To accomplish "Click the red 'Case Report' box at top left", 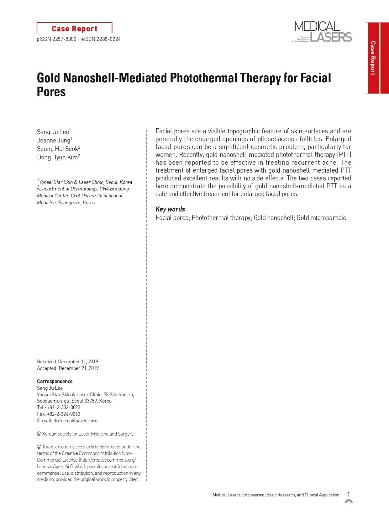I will (74, 29).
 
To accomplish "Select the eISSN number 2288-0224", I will (108, 39).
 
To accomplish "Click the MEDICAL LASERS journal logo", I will (322, 32).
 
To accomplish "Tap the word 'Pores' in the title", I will (51, 92).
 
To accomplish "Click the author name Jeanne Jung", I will (54, 141).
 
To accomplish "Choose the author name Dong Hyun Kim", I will (57, 158).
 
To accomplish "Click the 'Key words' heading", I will (170, 209).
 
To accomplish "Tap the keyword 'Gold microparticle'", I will (321, 218).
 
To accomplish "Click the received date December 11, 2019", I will (78, 362).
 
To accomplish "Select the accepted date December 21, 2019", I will (79, 368).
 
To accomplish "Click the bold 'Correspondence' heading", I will (55, 382).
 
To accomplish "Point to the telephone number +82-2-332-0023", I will (64, 408).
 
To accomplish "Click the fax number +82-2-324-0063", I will (64, 414).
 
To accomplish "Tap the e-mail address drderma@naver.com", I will (75, 421).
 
